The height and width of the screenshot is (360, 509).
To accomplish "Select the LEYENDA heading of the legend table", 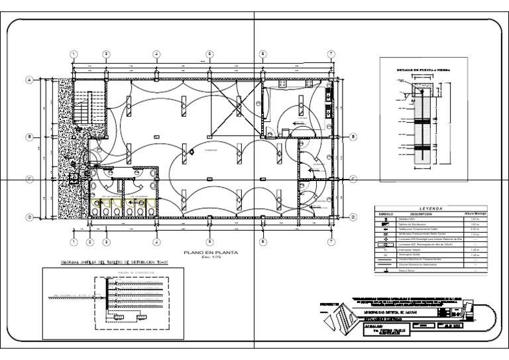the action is pos(430,208).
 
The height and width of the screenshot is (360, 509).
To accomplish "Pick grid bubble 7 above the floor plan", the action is pos(330,54).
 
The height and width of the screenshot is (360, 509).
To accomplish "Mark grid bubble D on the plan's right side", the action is pos(355,217).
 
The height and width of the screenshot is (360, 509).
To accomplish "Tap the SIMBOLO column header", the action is pos(386,214).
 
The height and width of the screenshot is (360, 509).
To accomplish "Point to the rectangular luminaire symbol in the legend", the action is pos(386,244).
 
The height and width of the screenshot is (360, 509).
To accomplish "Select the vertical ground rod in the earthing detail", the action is pos(420,126).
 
